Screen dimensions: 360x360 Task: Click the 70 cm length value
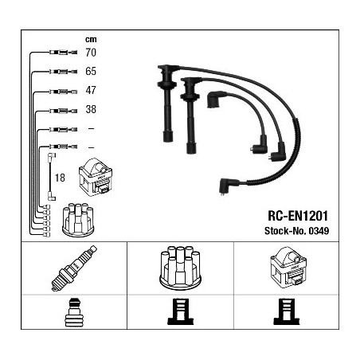click(91, 53)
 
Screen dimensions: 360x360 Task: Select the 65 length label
click(91, 71)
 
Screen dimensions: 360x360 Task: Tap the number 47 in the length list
click(91, 90)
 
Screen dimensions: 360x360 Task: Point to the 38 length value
click(91, 109)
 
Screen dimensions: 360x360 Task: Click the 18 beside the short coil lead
click(60, 178)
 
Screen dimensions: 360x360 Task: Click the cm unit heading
click(91, 39)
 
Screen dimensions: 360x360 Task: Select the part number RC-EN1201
click(298, 216)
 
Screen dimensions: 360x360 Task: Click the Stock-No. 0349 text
click(297, 231)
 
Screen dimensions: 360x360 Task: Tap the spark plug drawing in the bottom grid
click(74, 268)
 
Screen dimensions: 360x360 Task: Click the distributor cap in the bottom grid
click(180, 268)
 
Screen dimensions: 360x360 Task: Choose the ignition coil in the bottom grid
click(288, 268)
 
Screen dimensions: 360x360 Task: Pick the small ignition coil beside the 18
click(96, 177)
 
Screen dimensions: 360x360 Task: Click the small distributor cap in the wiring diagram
click(78, 220)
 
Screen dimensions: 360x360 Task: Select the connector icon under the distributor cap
click(181, 311)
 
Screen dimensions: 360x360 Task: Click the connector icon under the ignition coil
click(287, 311)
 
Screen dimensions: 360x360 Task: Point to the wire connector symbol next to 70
click(63, 53)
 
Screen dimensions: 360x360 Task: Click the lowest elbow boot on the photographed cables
click(227, 186)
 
